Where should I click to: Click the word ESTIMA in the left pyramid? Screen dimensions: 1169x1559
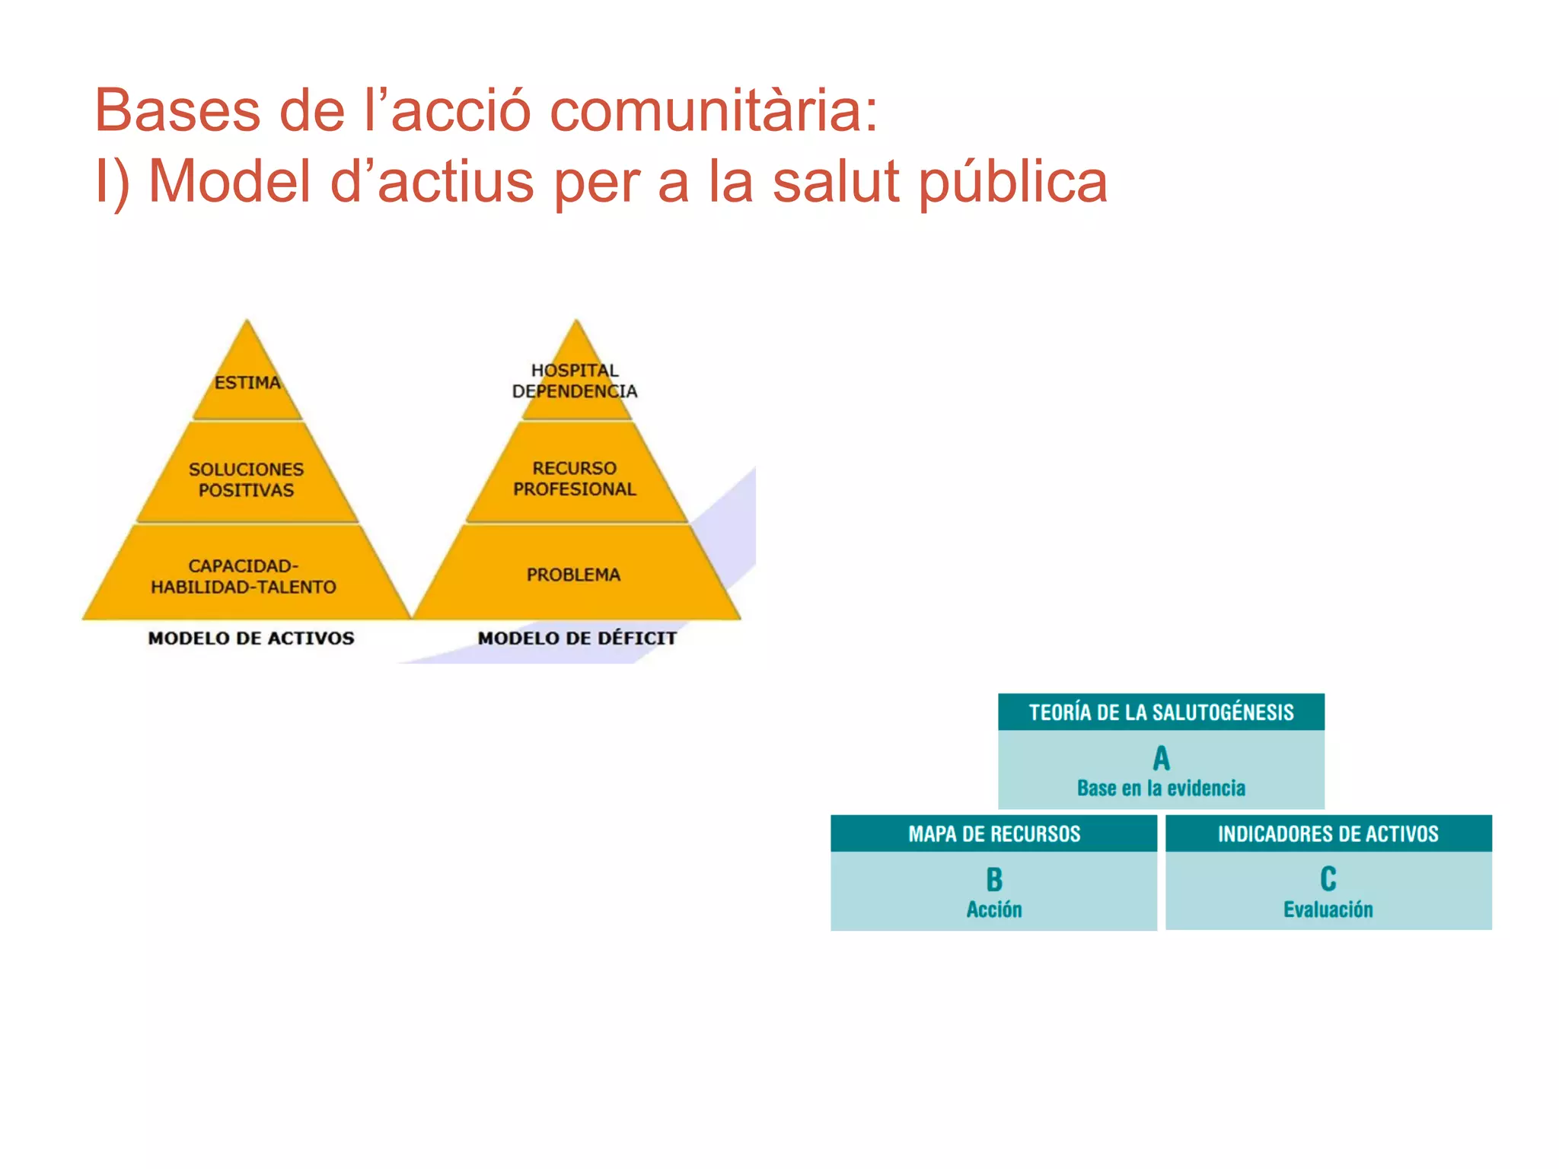click(x=247, y=382)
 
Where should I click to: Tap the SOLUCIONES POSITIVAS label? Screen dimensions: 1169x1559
click(x=246, y=479)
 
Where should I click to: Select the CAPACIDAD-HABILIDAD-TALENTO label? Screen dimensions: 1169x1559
click(x=244, y=576)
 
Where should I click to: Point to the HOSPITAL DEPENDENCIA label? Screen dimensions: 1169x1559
click(x=575, y=381)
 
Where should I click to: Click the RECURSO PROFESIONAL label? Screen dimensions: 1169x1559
click(x=575, y=479)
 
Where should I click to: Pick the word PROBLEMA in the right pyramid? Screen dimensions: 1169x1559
click(x=573, y=575)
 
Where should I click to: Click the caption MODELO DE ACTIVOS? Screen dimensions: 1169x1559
click(x=251, y=638)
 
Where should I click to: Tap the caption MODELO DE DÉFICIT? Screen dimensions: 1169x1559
click(x=577, y=638)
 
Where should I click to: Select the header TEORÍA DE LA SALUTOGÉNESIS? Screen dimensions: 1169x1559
click(x=1161, y=712)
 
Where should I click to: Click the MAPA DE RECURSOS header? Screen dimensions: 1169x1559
click(x=994, y=834)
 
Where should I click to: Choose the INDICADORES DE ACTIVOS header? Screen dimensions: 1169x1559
click(x=1328, y=834)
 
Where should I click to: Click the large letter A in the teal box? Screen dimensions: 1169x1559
click(x=1161, y=758)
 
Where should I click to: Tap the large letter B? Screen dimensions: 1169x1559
click(x=994, y=880)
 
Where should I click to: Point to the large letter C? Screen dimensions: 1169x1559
click(x=1328, y=879)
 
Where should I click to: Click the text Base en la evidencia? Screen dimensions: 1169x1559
click(x=1161, y=788)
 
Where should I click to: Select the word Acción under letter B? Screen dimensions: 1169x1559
click(x=994, y=909)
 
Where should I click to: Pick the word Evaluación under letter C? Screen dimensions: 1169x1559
click(x=1328, y=909)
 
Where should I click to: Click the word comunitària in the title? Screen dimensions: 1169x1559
click(x=714, y=111)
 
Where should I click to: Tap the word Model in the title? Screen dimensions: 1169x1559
click(x=228, y=182)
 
